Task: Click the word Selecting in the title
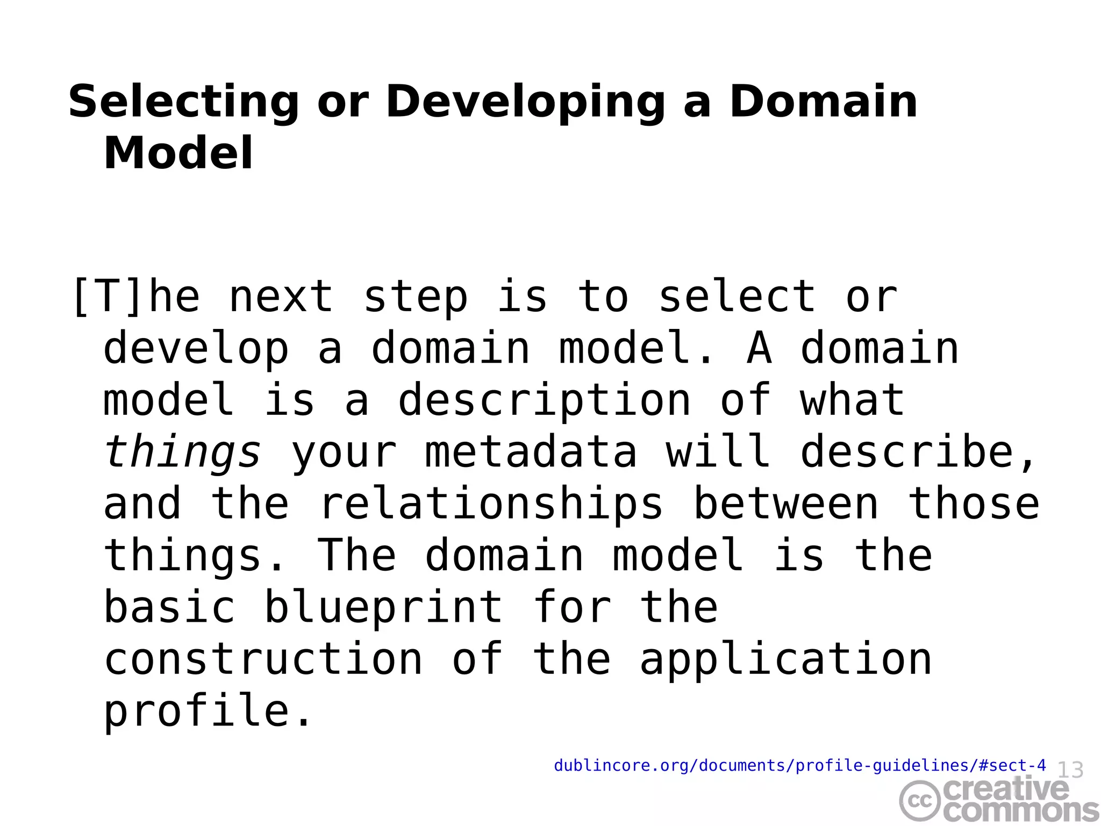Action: (x=183, y=102)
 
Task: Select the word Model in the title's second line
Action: (x=178, y=154)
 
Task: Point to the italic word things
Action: (x=182, y=452)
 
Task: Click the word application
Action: (x=785, y=660)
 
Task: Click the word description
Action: (x=544, y=400)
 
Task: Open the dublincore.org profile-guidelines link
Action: (x=799, y=765)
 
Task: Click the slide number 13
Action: (x=1070, y=770)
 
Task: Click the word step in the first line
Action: (x=416, y=297)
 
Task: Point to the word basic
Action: (x=169, y=607)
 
